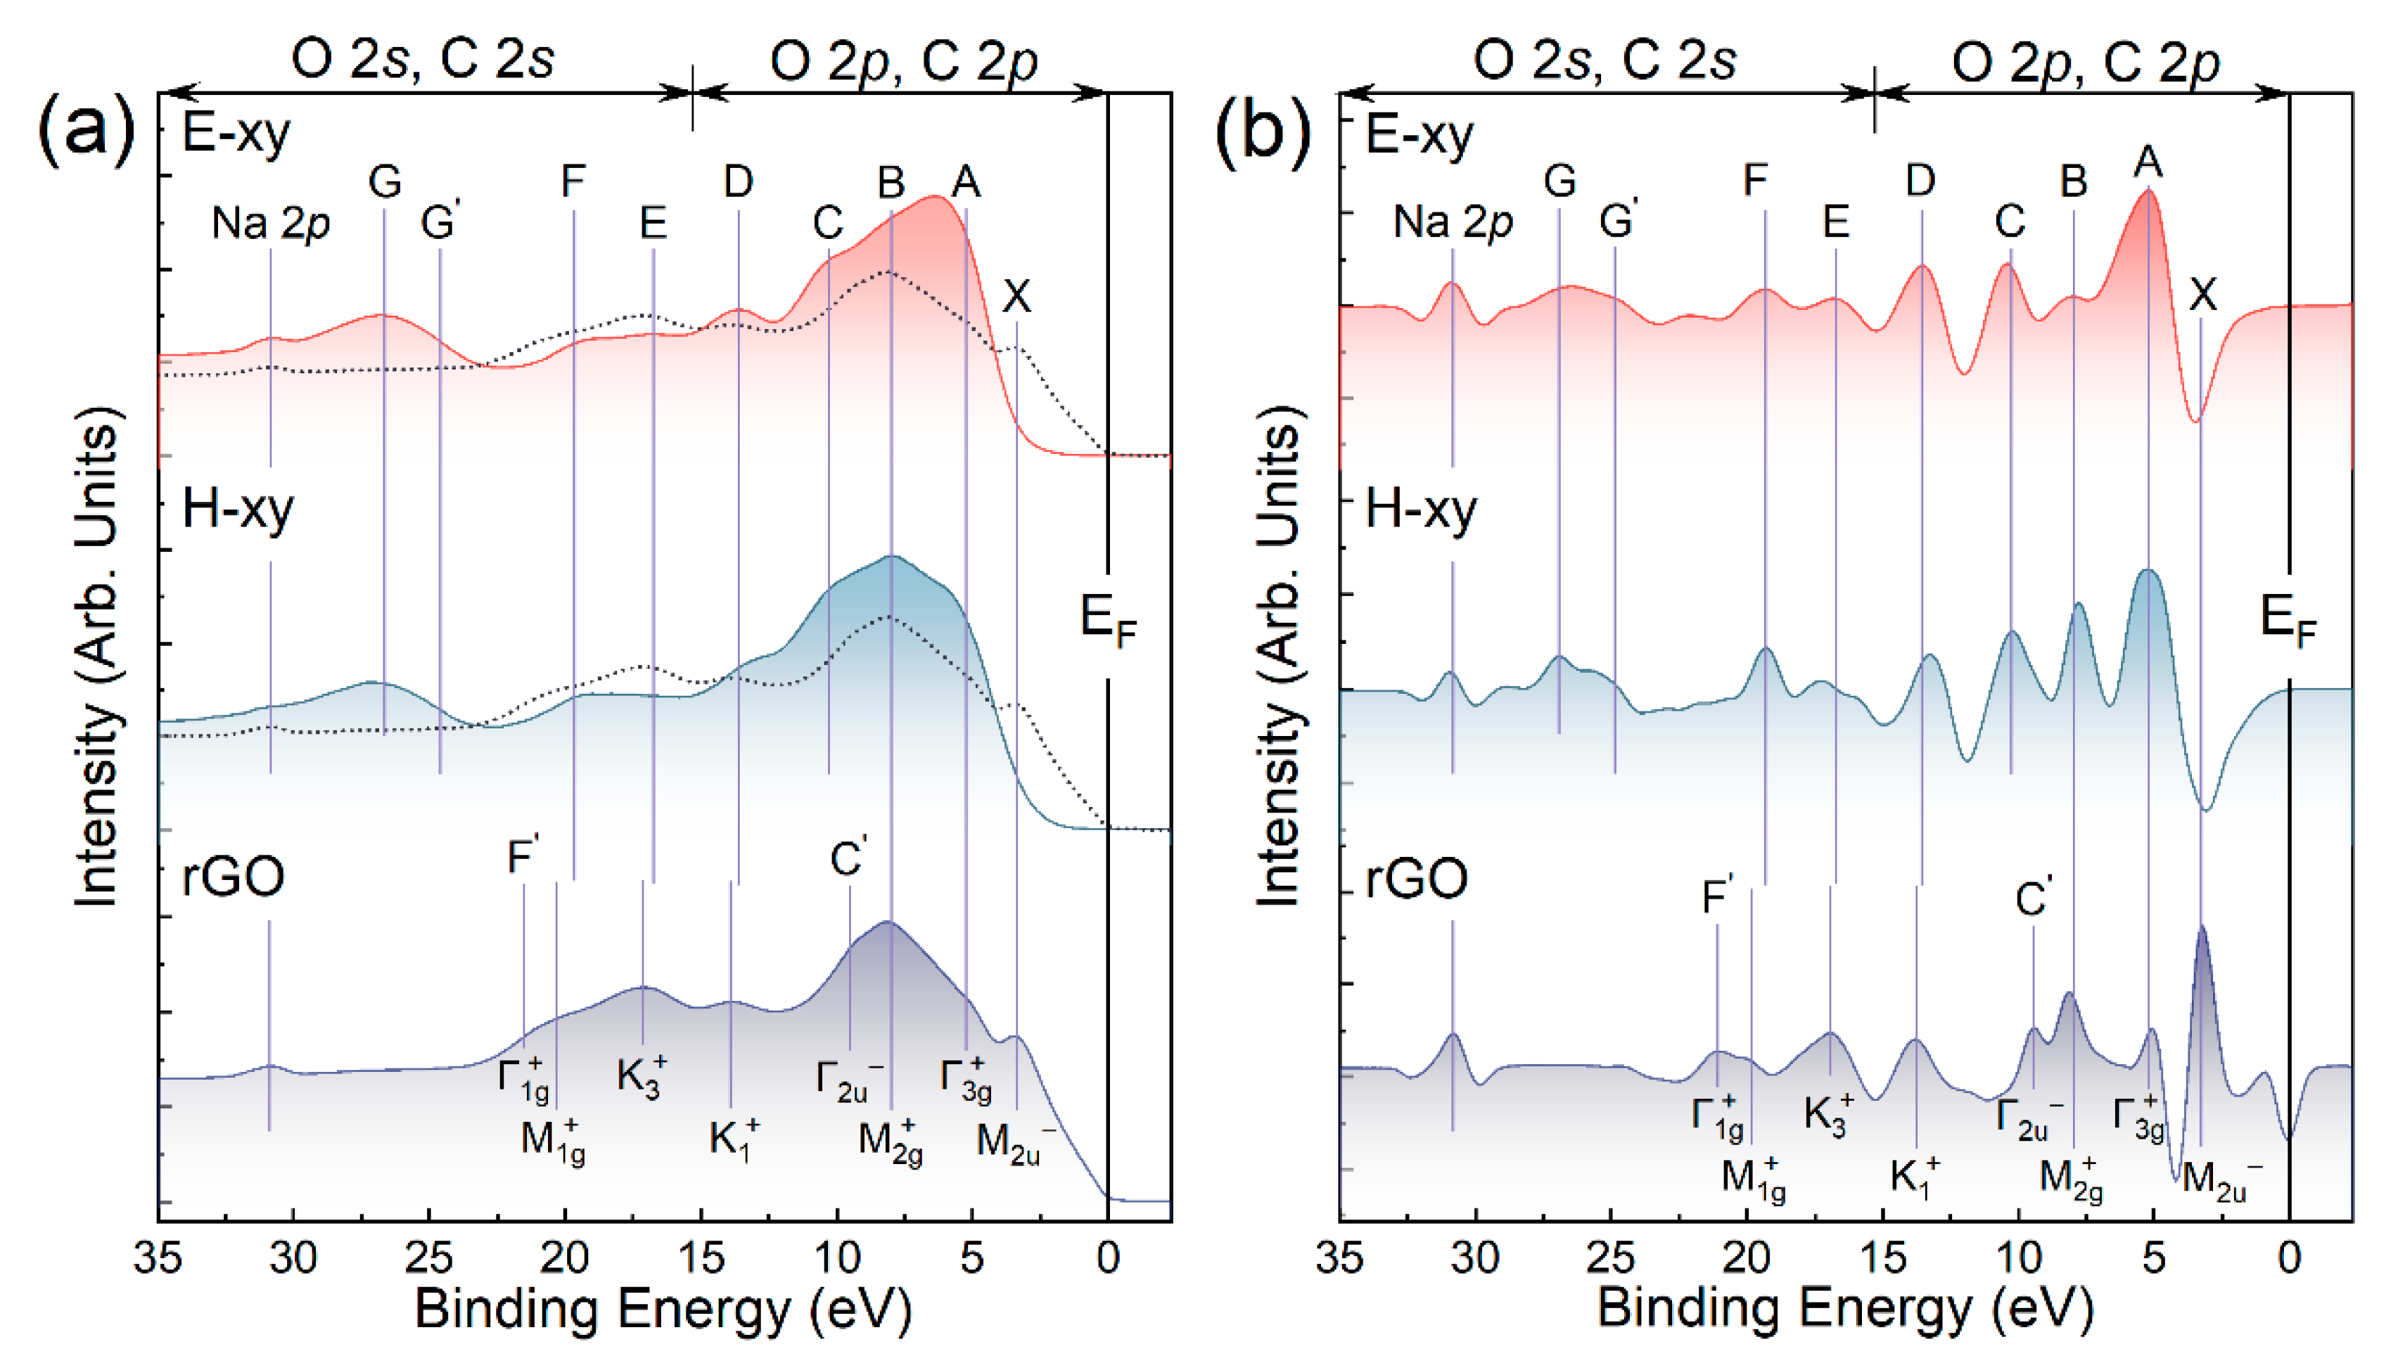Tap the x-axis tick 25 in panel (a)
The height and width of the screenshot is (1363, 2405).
(429, 1258)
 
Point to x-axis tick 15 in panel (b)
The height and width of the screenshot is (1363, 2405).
(1882, 1258)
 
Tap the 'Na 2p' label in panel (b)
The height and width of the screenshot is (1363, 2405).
(1453, 223)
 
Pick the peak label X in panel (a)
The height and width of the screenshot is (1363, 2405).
(1016, 297)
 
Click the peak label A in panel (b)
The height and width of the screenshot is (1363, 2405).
(2148, 162)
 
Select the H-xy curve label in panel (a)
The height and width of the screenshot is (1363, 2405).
(237, 510)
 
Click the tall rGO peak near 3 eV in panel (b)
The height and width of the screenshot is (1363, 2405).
(2202, 931)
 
